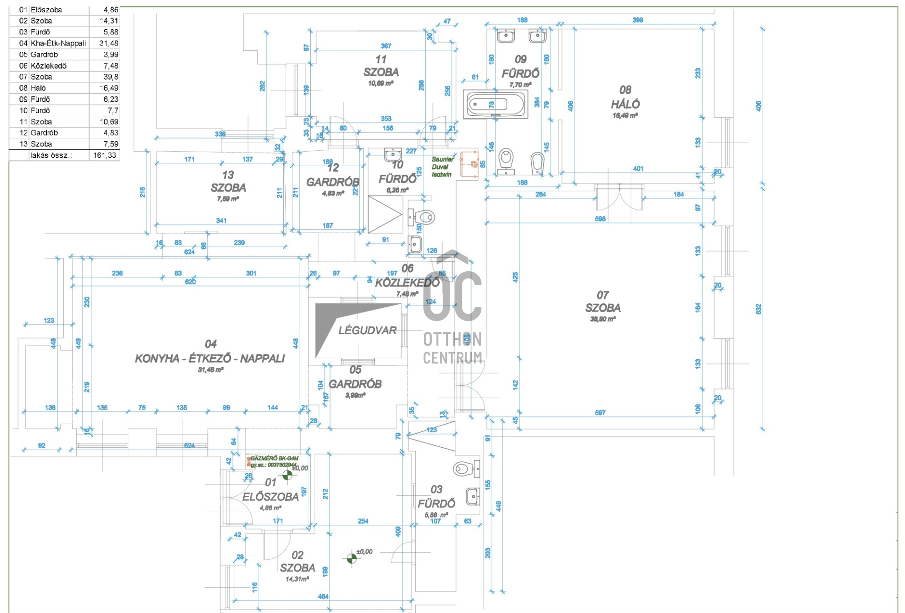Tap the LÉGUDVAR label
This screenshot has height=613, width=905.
point(367,331)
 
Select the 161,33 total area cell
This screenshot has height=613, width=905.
point(105,155)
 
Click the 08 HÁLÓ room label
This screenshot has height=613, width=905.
point(625,97)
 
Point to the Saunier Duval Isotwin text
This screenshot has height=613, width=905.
point(442,167)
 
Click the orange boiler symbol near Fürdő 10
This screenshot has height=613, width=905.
point(469,164)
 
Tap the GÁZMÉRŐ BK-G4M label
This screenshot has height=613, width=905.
point(274,459)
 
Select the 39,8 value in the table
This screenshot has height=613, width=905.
point(111,77)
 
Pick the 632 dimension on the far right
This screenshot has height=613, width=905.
point(758,309)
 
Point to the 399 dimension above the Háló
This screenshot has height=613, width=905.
point(637,20)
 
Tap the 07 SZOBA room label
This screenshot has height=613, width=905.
point(602,302)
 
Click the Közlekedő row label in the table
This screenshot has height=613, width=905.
point(49,66)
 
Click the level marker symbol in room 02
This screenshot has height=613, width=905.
point(352,558)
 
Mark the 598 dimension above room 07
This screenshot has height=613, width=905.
point(600,219)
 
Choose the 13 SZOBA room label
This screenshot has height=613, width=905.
point(228,181)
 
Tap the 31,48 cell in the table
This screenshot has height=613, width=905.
point(108,43)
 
